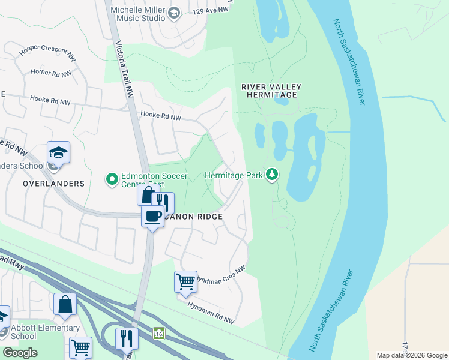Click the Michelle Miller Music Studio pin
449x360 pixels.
(174, 13)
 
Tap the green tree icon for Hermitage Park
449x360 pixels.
(273, 175)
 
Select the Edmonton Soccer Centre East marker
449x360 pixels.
(112, 179)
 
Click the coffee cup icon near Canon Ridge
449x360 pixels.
(152, 216)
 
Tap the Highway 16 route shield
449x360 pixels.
(158, 332)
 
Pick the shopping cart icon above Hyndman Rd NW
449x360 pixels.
(185, 281)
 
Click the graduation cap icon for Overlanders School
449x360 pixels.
(58, 152)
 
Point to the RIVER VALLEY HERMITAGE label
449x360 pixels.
(271, 91)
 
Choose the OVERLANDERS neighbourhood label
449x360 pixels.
(54, 183)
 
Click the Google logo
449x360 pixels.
(20, 353)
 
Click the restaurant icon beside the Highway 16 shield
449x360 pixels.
(127, 338)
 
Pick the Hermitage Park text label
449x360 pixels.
(234, 175)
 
